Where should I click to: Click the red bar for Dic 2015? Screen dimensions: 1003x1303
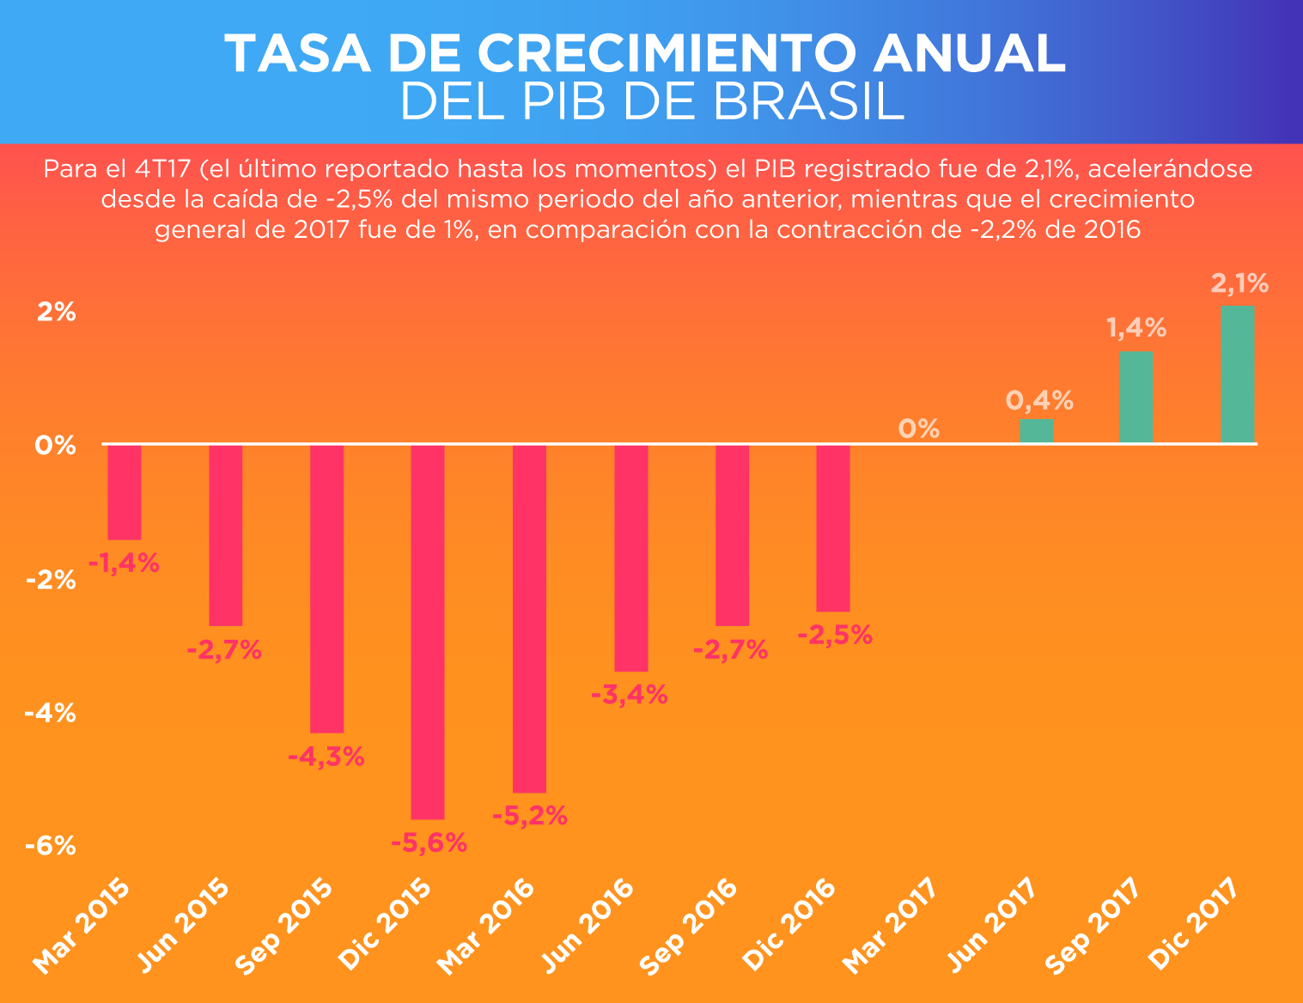coord(428,631)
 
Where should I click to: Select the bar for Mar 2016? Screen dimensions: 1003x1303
coord(529,618)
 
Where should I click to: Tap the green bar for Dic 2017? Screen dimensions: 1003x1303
coord(1237,374)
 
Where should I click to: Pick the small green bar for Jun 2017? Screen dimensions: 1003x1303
coord(1036,431)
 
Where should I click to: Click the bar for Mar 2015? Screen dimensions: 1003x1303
coord(125,492)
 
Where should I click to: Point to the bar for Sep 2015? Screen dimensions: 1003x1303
coord(326,588)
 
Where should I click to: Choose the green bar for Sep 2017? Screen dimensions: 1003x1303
coord(1136,398)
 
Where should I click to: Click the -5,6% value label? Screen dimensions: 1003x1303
coord(429,843)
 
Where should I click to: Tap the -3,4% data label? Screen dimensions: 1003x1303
coord(630,695)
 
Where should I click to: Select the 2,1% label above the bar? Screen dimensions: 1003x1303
coord(1239,283)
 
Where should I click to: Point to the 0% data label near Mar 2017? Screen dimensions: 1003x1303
coord(919,429)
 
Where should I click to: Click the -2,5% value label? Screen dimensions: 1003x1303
coord(835,635)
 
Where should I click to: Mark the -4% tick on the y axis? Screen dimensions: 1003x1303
coord(51,713)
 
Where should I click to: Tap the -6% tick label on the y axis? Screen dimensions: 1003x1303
coord(51,846)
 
